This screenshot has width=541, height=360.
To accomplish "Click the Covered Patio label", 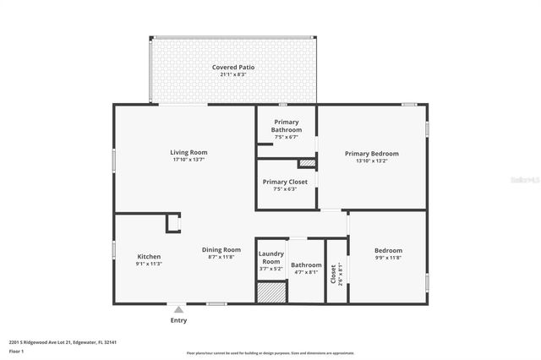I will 233,67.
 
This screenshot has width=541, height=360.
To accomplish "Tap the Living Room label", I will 189,151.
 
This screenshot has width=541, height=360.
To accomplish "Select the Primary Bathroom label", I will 287,126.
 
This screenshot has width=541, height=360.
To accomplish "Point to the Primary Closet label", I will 286,181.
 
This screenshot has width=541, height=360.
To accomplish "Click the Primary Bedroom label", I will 371,153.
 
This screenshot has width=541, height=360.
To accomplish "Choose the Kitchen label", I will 149,256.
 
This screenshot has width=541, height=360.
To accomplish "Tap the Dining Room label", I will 221,249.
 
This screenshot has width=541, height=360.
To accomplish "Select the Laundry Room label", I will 270,258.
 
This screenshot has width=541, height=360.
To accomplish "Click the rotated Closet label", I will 334,273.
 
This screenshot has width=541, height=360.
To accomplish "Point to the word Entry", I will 178,320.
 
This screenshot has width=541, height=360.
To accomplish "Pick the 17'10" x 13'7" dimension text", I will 189,159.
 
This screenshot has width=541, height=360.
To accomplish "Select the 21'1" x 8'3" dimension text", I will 233,74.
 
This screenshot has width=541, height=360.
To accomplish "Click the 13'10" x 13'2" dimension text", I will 371,161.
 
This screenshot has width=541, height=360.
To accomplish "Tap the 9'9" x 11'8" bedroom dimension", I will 388,258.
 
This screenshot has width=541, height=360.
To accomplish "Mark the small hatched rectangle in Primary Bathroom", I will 307,162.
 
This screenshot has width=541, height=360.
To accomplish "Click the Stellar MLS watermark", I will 523,181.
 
